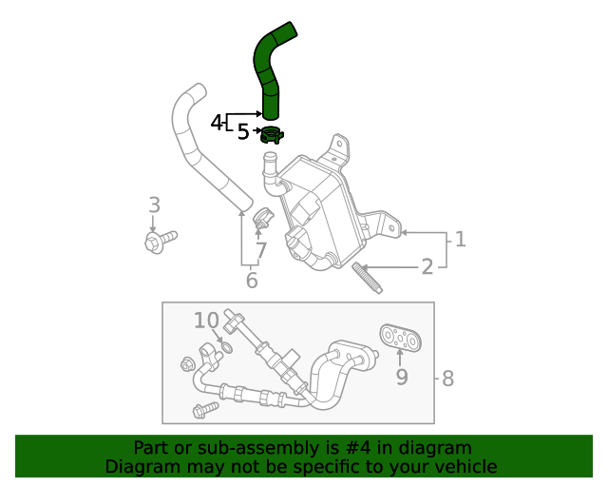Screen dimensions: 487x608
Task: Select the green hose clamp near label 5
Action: pyautogui.click(x=272, y=134)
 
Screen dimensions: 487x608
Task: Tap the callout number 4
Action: pyautogui.click(x=217, y=123)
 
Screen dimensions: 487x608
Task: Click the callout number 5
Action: pyautogui.click(x=243, y=132)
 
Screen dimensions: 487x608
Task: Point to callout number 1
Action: pyautogui.click(x=460, y=239)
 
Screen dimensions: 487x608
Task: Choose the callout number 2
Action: pyautogui.click(x=427, y=266)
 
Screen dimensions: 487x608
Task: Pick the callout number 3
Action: pyautogui.click(x=154, y=205)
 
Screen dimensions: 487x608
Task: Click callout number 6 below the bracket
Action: pyautogui.click(x=252, y=281)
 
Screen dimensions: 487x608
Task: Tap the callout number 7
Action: pyautogui.click(x=260, y=251)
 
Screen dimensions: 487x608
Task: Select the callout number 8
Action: pyautogui.click(x=447, y=378)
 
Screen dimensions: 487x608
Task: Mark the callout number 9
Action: pyautogui.click(x=401, y=378)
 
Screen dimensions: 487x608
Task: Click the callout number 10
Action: pyautogui.click(x=206, y=320)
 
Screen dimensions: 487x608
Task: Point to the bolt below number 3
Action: pyautogui.click(x=160, y=241)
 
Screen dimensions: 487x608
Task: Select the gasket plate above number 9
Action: pyautogui.click(x=400, y=338)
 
